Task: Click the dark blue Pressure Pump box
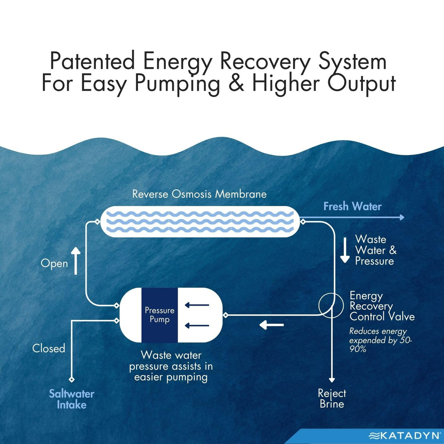[x=159, y=315]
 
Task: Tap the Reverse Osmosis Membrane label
[x=199, y=194]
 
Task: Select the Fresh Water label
[x=353, y=206]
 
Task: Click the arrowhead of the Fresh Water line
[x=402, y=217]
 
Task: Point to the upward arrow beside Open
[x=75, y=261]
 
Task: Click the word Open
[x=54, y=263]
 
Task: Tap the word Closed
[x=48, y=348]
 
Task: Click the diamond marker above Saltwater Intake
[x=72, y=380]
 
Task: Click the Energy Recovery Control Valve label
[x=382, y=306]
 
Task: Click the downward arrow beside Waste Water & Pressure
[x=345, y=250]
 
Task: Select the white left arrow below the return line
[x=272, y=325]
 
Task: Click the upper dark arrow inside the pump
[x=197, y=305]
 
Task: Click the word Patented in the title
[x=92, y=61]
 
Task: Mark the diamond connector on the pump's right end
[x=226, y=315]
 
